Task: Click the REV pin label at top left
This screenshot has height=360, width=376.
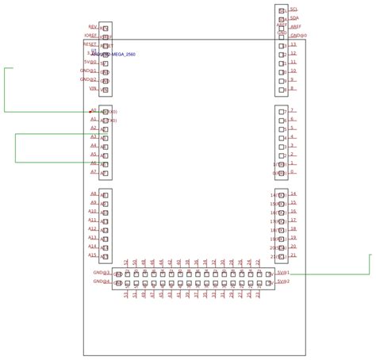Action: tap(92, 27)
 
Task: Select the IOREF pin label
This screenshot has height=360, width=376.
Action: tap(90, 36)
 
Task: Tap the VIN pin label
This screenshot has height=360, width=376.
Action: tap(93, 89)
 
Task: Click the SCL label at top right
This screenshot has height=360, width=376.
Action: tap(294, 9)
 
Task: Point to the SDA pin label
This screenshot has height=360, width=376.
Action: tap(294, 17)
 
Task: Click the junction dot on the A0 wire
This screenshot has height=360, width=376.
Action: tap(90, 112)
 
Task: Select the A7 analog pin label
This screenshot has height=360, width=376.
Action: tap(93, 172)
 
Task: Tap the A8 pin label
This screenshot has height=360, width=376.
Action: tap(93, 194)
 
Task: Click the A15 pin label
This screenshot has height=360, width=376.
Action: tap(92, 255)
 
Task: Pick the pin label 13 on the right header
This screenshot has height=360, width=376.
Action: tap(293, 44)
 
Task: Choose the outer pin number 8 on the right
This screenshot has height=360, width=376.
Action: tap(292, 89)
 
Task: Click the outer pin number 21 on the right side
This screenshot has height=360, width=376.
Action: tap(294, 255)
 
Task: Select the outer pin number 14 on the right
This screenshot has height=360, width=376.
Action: tap(294, 194)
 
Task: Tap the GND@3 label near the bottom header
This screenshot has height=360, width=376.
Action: tap(102, 273)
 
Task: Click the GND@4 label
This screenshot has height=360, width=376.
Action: tap(102, 281)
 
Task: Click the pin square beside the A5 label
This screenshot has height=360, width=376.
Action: tap(105, 155)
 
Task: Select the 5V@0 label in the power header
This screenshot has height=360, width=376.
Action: tap(90, 62)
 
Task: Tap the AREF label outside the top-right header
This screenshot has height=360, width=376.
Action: tap(296, 26)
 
